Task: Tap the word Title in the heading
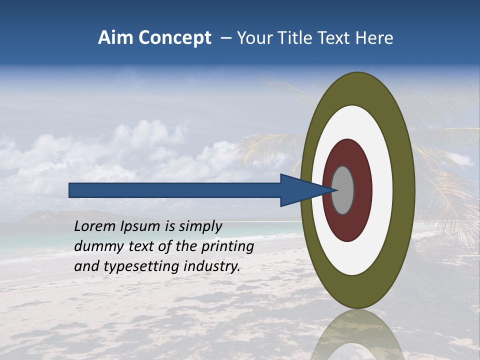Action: tap(298, 38)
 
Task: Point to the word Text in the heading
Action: tap(337, 38)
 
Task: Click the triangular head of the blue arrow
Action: tap(300, 190)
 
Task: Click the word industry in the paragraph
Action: tap(212, 266)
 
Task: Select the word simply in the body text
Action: tap(200, 227)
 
